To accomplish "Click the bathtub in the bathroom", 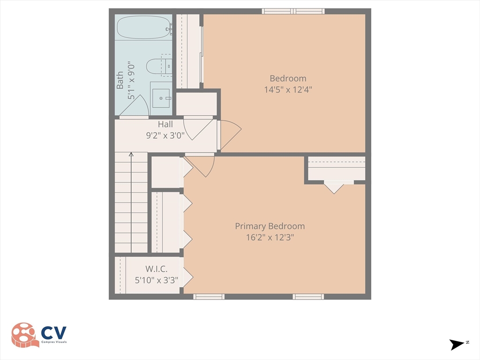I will (x=143, y=27).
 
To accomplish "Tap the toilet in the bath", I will (x=157, y=67).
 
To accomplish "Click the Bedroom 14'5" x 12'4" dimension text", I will (x=288, y=89).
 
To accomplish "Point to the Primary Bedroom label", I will (x=270, y=226).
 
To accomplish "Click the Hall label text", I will (x=165, y=124).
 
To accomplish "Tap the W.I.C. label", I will (x=156, y=269).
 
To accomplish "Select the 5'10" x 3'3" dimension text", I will (x=156, y=280).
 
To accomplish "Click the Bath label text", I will (x=120, y=80).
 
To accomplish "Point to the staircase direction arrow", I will (x=131, y=154).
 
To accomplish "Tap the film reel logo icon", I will (x=25, y=335).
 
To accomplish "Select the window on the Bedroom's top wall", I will (x=293, y=11).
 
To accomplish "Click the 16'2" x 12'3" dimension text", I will (x=270, y=237).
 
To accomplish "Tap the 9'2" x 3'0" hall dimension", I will (x=165, y=135).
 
